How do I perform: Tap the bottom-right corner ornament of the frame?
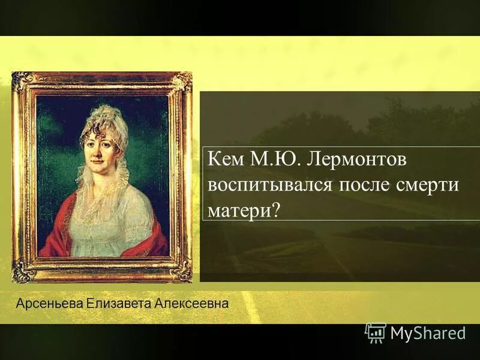tap(182, 273)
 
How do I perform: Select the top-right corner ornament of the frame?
tap(183, 81)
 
